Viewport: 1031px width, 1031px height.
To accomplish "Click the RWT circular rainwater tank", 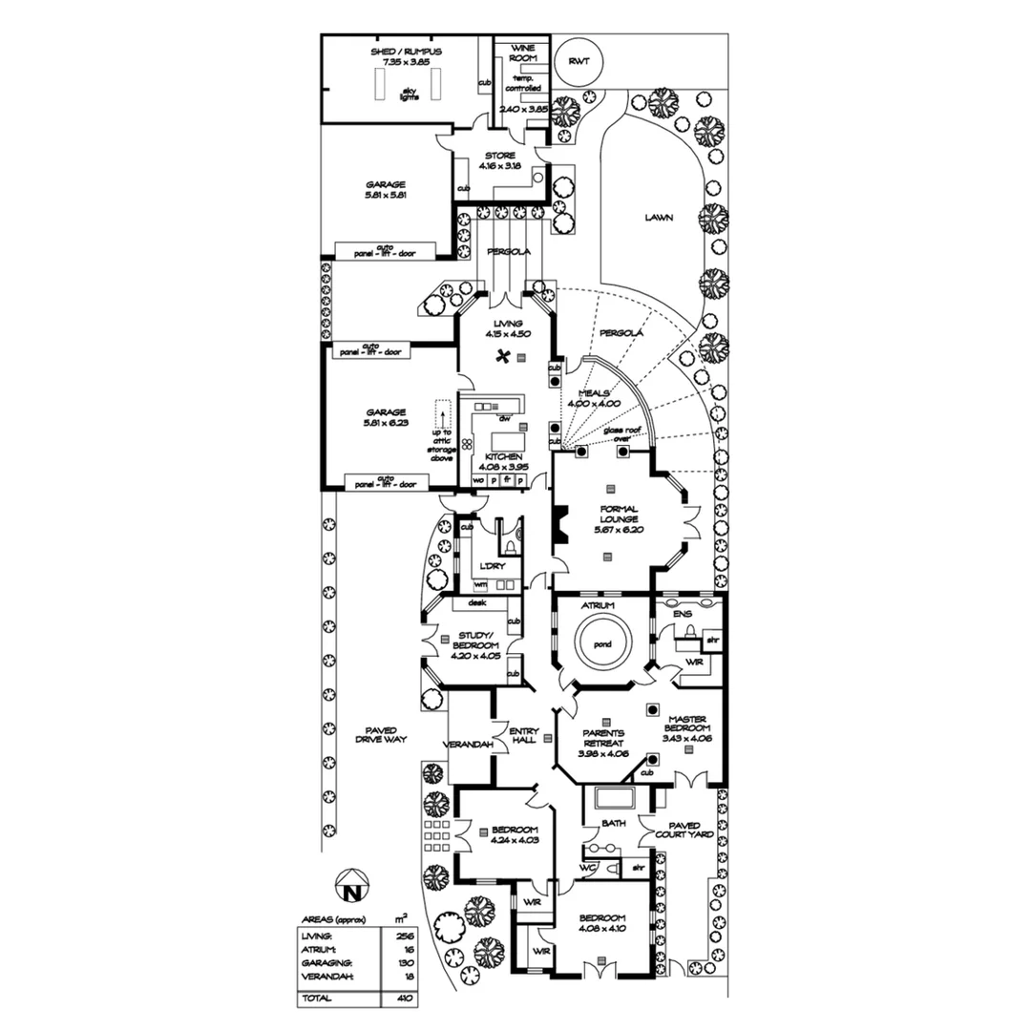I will coord(579,61).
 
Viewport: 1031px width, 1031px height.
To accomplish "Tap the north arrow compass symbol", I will coord(352,888).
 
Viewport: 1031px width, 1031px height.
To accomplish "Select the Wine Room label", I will coord(523,53).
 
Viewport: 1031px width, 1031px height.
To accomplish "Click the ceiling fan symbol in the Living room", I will coord(500,357).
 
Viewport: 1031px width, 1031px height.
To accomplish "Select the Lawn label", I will coord(658,218).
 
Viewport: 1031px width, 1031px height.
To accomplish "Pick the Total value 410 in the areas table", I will coord(404,999).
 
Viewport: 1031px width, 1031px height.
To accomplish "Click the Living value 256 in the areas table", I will coord(404,937).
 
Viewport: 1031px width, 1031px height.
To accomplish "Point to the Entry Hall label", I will coord(523,737).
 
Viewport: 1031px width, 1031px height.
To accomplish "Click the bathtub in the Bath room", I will coord(607,798).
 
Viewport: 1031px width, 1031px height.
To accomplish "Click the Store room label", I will coord(500,160).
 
